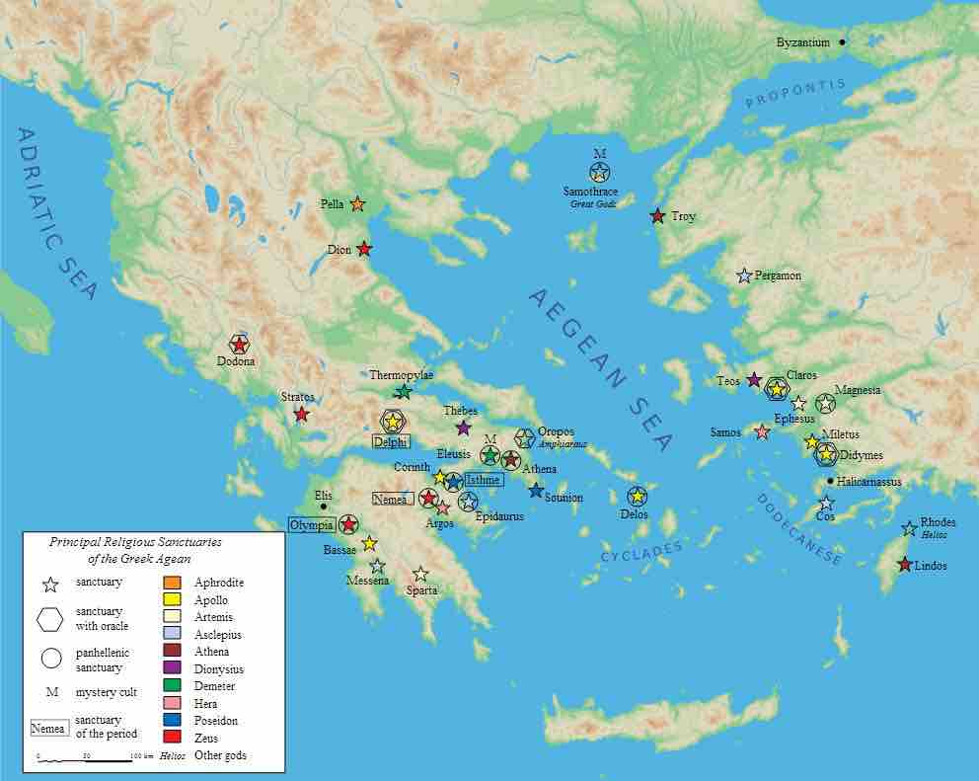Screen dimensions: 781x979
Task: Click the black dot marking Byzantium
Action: pyautogui.click(x=842, y=42)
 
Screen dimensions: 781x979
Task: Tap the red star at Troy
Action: pyautogui.click(x=657, y=216)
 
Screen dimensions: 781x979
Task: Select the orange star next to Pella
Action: pyautogui.click(x=357, y=204)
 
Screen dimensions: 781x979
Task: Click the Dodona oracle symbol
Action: pyautogui.click(x=239, y=344)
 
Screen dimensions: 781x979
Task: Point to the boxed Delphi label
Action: pyautogui.click(x=391, y=441)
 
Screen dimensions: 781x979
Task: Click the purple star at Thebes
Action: pyautogui.click(x=464, y=428)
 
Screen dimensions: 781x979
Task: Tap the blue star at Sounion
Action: pyautogui.click(x=536, y=490)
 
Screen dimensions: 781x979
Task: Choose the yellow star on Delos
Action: pyautogui.click(x=638, y=496)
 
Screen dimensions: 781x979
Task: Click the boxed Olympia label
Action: pyautogui.click(x=311, y=524)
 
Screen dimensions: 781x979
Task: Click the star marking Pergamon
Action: pyautogui.click(x=744, y=275)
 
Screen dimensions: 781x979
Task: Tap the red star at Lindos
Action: pyautogui.click(x=904, y=565)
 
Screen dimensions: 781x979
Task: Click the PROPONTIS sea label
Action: pyautogui.click(x=796, y=95)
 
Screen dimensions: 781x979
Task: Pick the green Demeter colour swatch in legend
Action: pyautogui.click(x=172, y=686)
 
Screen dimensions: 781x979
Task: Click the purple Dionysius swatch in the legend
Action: pyautogui.click(x=172, y=669)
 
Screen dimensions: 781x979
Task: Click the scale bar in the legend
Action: pyautogui.click(x=85, y=759)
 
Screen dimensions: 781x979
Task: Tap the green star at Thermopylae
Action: pyautogui.click(x=403, y=391)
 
